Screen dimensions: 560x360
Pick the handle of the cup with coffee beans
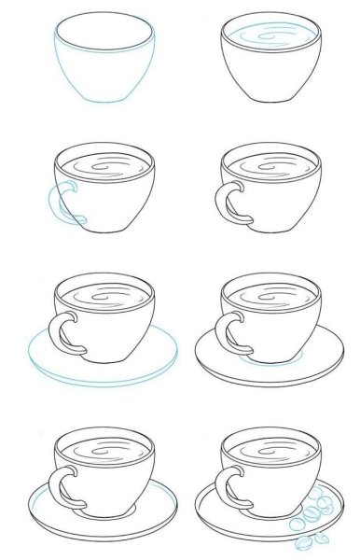(x=226, y=485)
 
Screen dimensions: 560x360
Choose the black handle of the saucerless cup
(x=227, y=203)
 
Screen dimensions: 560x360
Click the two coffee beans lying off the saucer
(x=304, y=541)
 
